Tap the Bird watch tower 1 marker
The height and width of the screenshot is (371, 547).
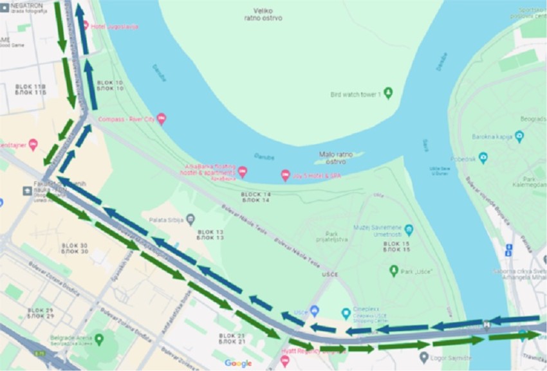(x=388, y=94)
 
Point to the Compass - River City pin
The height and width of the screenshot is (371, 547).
(x=161, y=119)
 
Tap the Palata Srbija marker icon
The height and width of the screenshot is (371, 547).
(x=190, y=220)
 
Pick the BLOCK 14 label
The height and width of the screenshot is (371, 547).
(x=256, y=197)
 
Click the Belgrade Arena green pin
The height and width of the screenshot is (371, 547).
(x=98, y=338)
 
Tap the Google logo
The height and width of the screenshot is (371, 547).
(x=238, y=363)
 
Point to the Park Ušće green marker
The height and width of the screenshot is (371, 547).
(x=394, y=271)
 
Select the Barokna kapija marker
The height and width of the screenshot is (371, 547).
(x=519, y=136)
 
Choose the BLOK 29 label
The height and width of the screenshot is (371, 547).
(x=41, y=313)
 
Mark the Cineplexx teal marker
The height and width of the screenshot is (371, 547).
(x=346, y=313)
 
